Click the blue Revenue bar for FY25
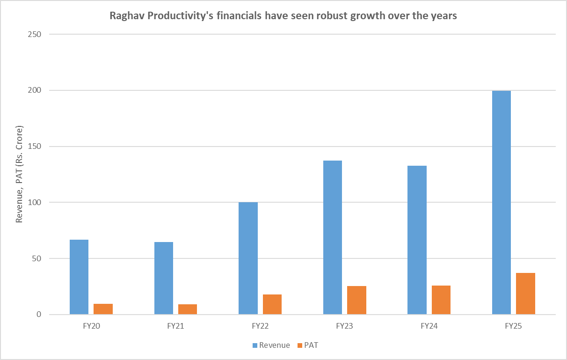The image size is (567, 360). pyautogui.click(x=502, y=203)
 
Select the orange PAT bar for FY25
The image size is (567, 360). pyautogui.click(x=525, y=294)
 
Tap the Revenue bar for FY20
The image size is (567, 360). pyautogui.click(x=79, y=277)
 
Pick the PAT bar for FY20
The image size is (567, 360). pyautogui.click(x=103, y=309)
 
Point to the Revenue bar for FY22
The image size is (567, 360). pyautogui.click(x=248, y=258)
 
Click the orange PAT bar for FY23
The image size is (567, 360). pyautogui.click(x=356, y=300)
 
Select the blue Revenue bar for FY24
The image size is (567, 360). pyautogui.click(x=417, y=240)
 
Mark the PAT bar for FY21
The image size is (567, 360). pyautogui.click(x=188, y=309)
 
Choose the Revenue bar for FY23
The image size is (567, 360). pyautogui.click(x=333, y=237)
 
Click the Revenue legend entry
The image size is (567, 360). pyautogui.click(x=274, y=345)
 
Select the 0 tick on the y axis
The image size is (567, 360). pyautogui.click(x=39, y=315)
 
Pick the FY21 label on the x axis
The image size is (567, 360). pyautogui.click(x=175, y=326)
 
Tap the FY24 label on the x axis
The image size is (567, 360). pyautogui.click(x=429, y=326)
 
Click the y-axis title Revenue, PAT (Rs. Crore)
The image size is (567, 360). pyautogui.click(x=20, y=174)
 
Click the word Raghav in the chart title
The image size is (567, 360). pyautogui.click(x=124, y=16)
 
